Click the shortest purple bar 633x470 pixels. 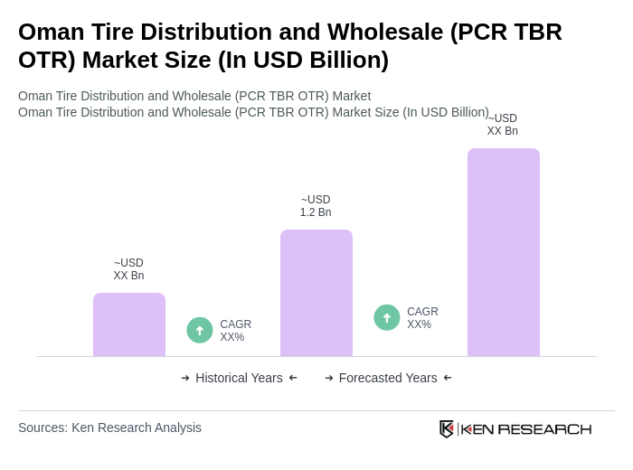tap(129, 324)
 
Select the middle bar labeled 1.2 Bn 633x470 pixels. tap(316, 293)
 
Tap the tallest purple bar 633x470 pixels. tap(504, 252)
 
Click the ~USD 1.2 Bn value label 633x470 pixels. tap(316, 206)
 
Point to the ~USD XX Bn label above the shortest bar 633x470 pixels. tap(128, 269)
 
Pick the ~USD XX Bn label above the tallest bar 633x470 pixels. tap(503, 125)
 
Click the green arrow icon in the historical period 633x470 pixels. tap(200, 330)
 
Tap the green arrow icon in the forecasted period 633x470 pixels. tap(387, 317)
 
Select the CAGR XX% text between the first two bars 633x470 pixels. tap(235, 331)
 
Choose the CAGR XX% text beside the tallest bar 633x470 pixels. tap(422, 318)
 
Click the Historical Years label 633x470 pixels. tap(239, 378)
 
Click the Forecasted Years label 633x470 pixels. tap(388, 378)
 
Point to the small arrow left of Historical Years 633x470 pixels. tap(185, 378)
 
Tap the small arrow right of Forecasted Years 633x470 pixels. tap(448, 378)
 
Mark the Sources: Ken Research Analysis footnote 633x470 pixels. tap(109, 428)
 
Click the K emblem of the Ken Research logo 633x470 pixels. tap(447, 428)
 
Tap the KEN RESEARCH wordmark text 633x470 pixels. tap(526, 428)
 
